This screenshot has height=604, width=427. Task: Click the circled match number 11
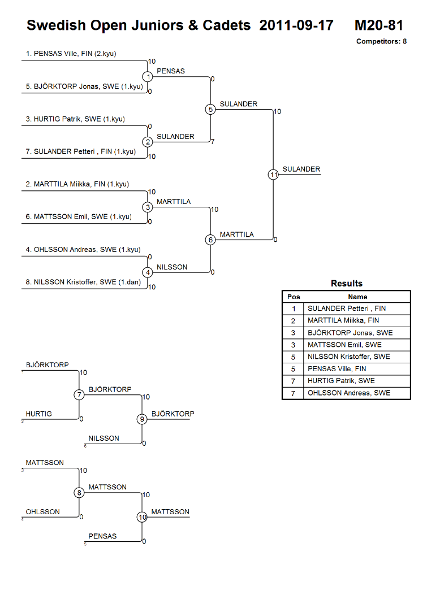coord(273,175)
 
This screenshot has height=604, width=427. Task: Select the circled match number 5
coord(210,110)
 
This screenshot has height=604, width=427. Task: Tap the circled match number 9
coord(142,419)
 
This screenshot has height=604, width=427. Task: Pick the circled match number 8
coord(79,493)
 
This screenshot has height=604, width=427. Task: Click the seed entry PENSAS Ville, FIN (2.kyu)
coord(71,54)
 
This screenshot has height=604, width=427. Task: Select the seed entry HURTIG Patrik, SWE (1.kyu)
coord(75,119)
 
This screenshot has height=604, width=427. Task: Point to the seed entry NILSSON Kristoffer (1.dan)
coord(83,282)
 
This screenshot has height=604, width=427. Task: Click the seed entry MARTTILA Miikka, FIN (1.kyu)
coord(77,184)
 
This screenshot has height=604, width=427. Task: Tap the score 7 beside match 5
coord(213,141)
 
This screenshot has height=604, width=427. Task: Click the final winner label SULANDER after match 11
coord(301,169)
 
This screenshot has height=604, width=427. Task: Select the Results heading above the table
coord(347,284)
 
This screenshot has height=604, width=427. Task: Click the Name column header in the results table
coord(357,297)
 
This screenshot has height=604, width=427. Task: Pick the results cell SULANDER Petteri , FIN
coord(347,308)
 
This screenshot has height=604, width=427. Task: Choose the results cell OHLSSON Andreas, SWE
coord(349,393)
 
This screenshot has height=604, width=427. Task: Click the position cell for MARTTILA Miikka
coord(293,321)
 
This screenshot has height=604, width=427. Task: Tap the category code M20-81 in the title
coord(379,25)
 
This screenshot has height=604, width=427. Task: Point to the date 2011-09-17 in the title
coord(296,25)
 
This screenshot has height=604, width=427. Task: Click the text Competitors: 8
coord(382,41)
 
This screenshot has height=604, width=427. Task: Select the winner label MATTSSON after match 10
coord(170,511)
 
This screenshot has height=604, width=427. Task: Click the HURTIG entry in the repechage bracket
coord(38,414)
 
